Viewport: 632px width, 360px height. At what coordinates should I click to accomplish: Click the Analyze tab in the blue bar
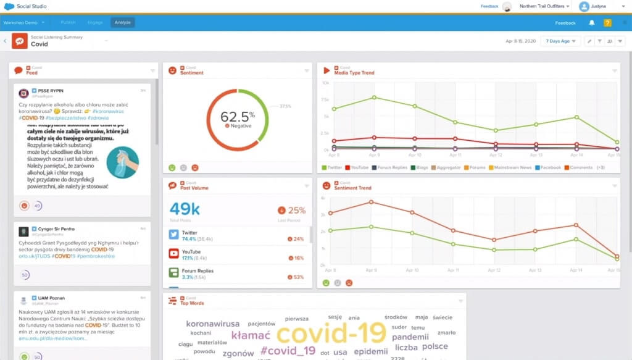(x=122, y=22)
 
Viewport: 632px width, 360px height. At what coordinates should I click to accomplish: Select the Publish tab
(x=68, y=22)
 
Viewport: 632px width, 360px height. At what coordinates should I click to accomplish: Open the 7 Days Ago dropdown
(x=560, y=41)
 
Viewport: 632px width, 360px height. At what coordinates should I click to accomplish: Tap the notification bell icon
(x=592, y=23)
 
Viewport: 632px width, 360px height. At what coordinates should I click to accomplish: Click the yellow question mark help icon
(x=607, y=23)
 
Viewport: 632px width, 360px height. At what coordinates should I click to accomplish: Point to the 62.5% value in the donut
(x=238, y=116)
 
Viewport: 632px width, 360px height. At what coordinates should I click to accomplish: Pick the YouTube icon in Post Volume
(x=174, y=254)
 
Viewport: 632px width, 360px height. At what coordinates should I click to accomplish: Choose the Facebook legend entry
(x=549, y=167)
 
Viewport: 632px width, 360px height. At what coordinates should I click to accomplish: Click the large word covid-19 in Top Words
(x=331, y=333)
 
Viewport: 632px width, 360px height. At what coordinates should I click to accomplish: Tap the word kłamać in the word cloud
(x=251, y=335)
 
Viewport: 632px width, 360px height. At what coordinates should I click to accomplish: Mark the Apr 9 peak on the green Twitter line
(x=374, y=98)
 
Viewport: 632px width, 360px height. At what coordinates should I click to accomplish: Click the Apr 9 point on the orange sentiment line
(x=372, y=202)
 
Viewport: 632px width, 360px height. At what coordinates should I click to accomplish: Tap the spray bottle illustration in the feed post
(x=122, y=162)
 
